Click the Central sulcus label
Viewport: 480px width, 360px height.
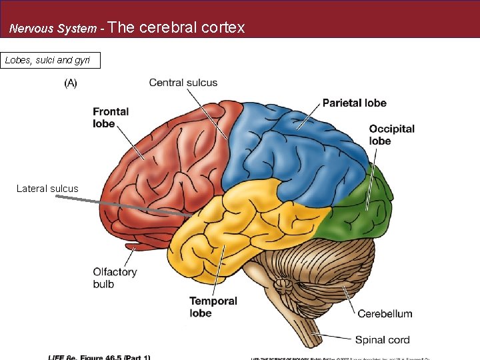[183, 83]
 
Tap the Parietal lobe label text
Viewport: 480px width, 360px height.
[354, 103]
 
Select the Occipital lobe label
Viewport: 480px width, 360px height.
[391, 135]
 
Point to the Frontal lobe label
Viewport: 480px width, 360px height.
[111, 117]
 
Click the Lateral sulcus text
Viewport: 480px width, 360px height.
[47, 189]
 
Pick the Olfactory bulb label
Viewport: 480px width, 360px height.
[115, 278]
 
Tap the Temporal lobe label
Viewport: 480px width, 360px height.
[213, 307]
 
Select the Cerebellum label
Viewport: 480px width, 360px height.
[385, 313]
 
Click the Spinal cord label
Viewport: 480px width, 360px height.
[382, 340]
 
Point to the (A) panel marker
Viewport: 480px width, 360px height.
[71, 83]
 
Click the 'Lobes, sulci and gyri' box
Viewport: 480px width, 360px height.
[51, 61]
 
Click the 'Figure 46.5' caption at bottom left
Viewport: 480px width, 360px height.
[100, 357]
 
